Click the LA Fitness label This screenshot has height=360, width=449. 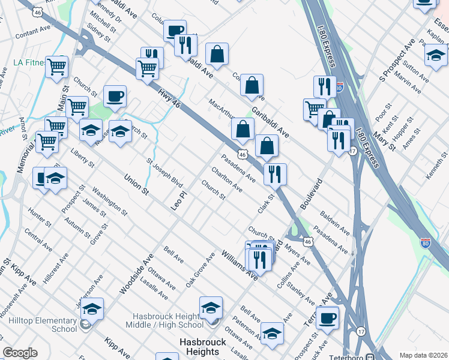pos(26,62)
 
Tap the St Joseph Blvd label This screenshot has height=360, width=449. pos(164,172)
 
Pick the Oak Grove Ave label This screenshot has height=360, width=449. pos(200,269)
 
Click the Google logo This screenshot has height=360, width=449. pos(20,353)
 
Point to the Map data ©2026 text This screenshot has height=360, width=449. pos(423,355)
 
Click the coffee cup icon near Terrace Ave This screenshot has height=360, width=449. pos(327,317)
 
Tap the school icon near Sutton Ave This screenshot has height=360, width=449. pos(435,56)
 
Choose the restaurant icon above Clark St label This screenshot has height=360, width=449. pos(275,174)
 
